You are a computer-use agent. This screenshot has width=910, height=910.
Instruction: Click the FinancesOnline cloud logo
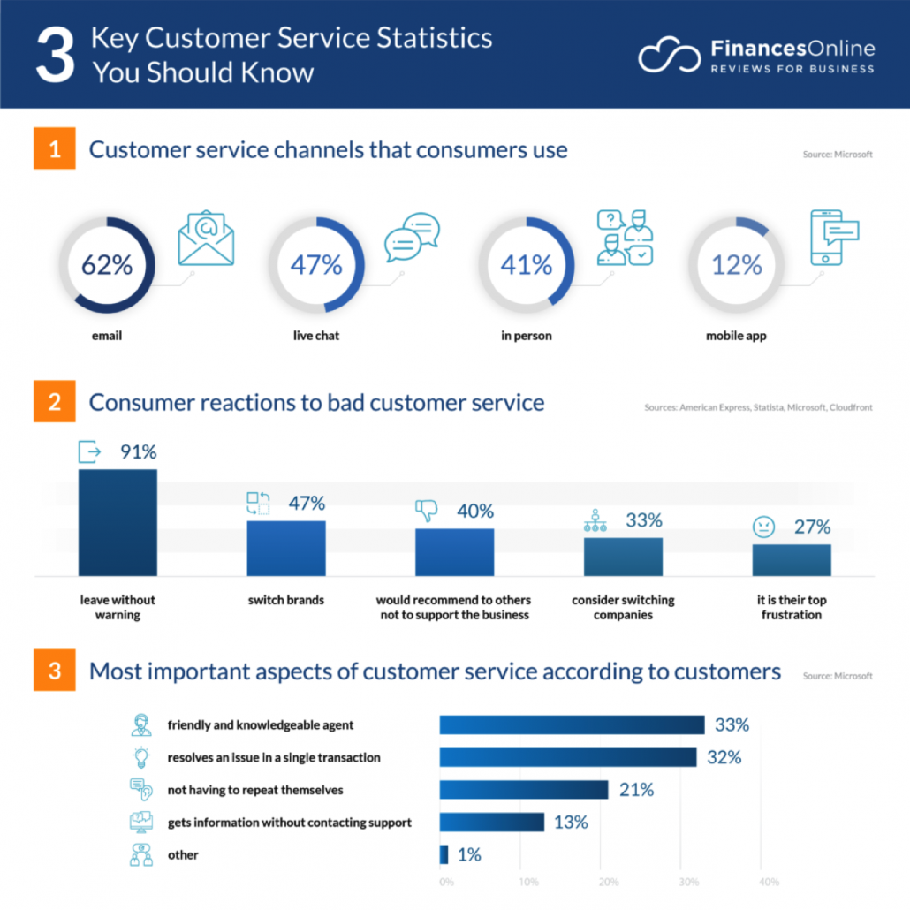(x=670, y=56)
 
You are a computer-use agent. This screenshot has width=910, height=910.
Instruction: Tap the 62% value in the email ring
(x=107, y=264)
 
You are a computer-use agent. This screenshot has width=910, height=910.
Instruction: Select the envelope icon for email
(x=206, y=238)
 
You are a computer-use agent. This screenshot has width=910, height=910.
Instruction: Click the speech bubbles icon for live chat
(x=412, y=238)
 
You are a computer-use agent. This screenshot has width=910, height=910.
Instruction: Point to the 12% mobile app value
(x=737, y=264)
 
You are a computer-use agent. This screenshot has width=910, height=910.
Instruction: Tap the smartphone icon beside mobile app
(x=834, y=238)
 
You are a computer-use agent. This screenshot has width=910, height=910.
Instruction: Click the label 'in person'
(x=526, y=336)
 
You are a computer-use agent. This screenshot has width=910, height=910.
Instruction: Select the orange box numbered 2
(x=55, y=403)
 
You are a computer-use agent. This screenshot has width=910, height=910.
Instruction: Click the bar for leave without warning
(x=118, y=522)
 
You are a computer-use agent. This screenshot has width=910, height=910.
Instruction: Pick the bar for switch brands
(x=285, y=549)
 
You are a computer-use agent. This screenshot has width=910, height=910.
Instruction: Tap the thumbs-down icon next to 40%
(x=427, y=511)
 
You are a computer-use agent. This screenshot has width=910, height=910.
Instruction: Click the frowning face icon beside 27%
(x=762, y=527)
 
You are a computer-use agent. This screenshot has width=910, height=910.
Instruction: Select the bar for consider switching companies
(x=623, y=557)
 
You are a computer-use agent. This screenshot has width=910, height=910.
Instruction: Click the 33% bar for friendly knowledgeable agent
(x=572, y=725)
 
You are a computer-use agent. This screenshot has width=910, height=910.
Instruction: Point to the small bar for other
(x=444, y=854)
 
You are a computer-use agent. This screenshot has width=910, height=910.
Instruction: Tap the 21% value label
(x=636, y=790)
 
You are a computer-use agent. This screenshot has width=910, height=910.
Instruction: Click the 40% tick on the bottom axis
(x=769, y=882)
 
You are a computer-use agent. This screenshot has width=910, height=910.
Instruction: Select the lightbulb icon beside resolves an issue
(x=140, y=757)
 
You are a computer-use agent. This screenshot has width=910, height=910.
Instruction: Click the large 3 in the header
(x=55, y=55)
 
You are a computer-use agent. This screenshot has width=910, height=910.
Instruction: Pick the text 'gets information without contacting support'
(x=289, y=823)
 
